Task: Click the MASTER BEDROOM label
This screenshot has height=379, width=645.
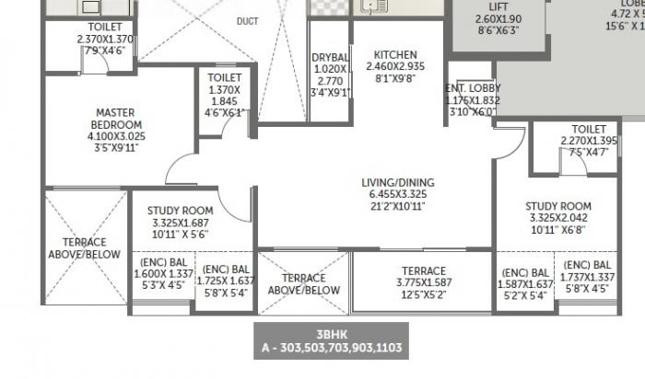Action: tap(117, 119)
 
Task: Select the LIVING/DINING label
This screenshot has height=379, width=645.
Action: tap(398, 183)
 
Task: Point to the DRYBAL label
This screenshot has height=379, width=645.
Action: tap(329, 58)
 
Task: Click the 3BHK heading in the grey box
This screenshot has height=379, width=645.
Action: tap(330, 336)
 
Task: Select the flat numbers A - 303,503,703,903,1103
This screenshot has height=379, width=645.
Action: tap(329, 349)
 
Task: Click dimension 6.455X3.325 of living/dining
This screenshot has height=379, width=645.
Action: tap(398, 195)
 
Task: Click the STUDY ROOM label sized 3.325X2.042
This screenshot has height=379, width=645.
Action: tap(557, 206)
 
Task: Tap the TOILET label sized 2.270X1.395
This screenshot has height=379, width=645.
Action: tap(589, 129)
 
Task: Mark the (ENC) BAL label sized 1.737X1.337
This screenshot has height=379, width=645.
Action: tap(588, 264)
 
